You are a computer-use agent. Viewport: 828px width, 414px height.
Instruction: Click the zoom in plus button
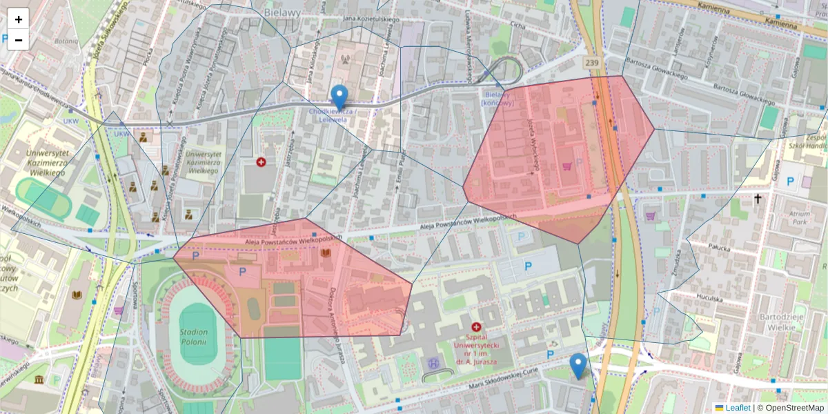click(x=19, y=19)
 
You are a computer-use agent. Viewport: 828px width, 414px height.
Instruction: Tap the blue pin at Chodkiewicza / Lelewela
click(x=339, y=97)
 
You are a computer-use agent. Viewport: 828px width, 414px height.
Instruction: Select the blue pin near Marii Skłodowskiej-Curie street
click(x=578, y=366)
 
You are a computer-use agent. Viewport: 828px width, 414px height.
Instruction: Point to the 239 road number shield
click(x=591, y=63)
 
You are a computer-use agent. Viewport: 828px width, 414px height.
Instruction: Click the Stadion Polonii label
click(x=195, y=337)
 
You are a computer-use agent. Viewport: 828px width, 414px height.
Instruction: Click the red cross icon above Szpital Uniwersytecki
click(x=475, y=327)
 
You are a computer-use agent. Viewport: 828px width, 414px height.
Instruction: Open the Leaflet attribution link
click(x=737, y=408)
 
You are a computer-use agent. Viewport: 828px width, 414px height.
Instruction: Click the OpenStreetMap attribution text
click(x=795, y=408)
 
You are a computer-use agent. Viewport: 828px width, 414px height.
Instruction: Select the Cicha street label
click(x=517, y=25)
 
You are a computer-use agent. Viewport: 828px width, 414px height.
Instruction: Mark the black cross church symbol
click(x=758, y=199)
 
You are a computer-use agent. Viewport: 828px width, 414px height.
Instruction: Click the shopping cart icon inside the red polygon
click(x=567, y=166)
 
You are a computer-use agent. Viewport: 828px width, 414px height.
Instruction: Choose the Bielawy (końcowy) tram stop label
click(x=498, y=99)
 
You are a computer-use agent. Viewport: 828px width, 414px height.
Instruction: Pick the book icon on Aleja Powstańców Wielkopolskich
click(x=325, y=254)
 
